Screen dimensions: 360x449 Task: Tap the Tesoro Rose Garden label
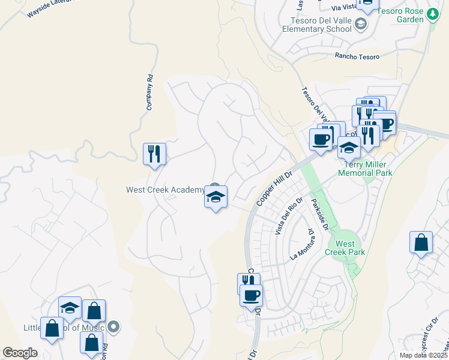click(397, 14)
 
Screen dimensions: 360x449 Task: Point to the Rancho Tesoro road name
click(357, 56)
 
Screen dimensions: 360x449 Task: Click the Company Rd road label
click(149, 92)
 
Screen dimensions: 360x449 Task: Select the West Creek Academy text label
click(165, 190)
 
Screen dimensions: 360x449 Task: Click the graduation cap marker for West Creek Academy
click(215, 197)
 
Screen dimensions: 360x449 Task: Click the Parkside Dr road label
click(320, 214)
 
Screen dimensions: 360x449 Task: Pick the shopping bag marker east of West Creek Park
click(421, 242)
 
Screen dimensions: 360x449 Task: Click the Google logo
click(20, 353)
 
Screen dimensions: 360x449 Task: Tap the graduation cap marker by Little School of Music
click(70, 307)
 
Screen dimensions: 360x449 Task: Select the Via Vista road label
click(345, 8)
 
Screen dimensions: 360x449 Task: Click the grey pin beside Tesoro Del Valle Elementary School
click(360, 24)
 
